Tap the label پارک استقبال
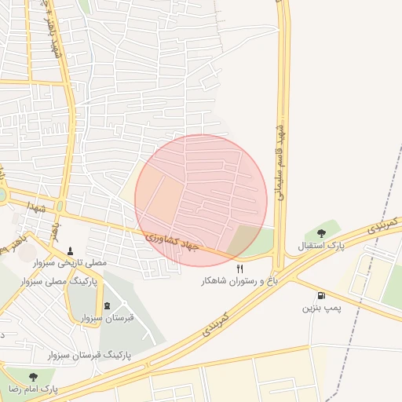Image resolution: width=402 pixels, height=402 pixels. tap(320, 247)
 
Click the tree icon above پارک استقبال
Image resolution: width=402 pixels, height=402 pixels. tap(321, 233)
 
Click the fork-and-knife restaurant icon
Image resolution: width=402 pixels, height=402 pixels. tap(228, 268)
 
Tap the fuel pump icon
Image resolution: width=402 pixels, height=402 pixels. tap(321, 295)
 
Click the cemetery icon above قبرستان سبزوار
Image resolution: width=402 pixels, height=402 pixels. tap(108, 305)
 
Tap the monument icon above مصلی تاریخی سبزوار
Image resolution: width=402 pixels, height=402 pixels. tap(71, 252)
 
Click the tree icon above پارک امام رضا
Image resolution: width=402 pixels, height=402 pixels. tap(32, 377)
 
